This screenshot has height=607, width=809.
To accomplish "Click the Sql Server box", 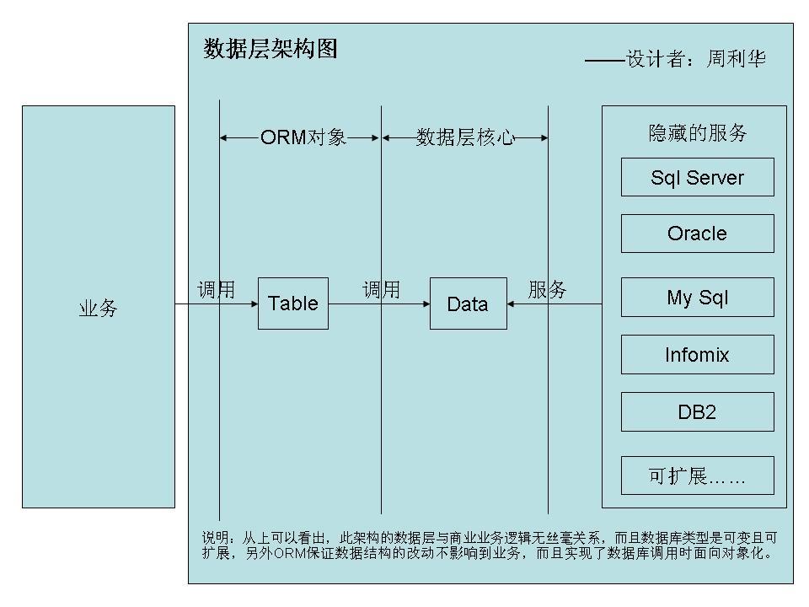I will pyautogui.click(x=697, y=177).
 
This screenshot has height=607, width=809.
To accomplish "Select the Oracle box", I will pyautogui.click(x=697, y=234).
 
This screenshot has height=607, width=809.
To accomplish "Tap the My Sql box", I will pyautogui.click(x=697, y=297).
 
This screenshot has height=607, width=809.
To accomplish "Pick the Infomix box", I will pyautogui.click(x=697, y=354).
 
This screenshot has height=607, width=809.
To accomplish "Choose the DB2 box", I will pyautogui.click(x=697, y=411).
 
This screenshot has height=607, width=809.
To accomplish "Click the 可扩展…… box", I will pyautogui.click(x=697, y=475).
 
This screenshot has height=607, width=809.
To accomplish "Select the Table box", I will pyautogui.click(x=292, y=303).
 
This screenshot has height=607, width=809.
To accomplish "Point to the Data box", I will pyautogui.click(x=468, y=303).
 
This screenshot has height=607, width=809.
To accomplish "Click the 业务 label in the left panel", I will pyautogui.click(x=98, y=309).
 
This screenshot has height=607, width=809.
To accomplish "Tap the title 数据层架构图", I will pyautogui.click(x=271, y=49).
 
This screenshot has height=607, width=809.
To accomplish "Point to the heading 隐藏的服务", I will pyautogui.click(x=697, y=132).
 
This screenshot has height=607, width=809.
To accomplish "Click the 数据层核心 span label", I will pyautogui.click(x=465, y=137).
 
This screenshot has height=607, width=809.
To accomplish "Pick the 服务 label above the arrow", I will pyautogui.click(x=547, y=290).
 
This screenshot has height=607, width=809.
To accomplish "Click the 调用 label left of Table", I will pyautogui.click(x=216, y=290).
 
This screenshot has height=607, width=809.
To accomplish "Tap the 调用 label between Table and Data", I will pyautogui.click(x=381, y=290).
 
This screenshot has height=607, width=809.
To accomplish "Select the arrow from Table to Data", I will pyautogui.click(x=379, y=303).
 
